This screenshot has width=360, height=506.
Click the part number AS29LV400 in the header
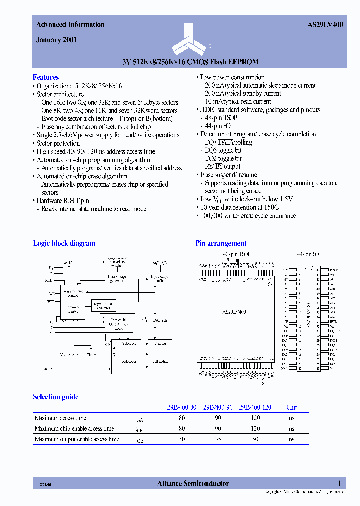(324, 24)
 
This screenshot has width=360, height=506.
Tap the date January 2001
(56, 40)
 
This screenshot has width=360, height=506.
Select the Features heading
(46, 77)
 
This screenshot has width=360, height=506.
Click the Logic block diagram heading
(64, 243)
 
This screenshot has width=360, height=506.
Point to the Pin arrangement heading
(221, 243)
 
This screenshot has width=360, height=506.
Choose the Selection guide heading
(55, 397)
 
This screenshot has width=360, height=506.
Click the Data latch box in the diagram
(160, 320)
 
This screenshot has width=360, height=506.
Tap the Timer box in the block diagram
(91, 354)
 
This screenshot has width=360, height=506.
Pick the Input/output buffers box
(160, 278)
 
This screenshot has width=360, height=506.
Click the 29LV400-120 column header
(255, 407)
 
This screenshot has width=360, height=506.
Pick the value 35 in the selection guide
(218, 439)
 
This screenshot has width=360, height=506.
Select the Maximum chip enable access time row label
(74, 429)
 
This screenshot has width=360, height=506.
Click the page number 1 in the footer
(339, 483)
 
